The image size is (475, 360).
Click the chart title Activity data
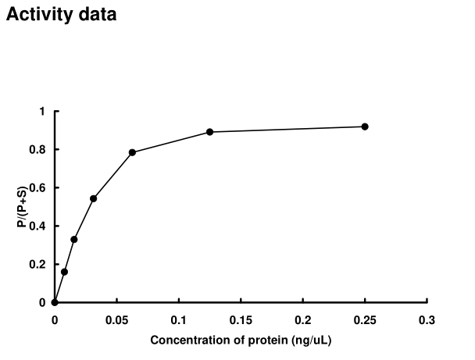point(62,14)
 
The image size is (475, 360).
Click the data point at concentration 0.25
point(365,127)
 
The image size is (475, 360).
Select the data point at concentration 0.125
point(209,132)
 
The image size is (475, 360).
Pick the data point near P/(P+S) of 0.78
point(132,152)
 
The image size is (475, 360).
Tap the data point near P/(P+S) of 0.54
point(93,198)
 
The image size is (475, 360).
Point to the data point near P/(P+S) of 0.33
point(73,239)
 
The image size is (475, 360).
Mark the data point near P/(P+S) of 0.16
point(64,272)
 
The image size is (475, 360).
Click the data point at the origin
point(55,302)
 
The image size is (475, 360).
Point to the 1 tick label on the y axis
point(42,112)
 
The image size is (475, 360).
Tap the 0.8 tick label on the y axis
point(38,150)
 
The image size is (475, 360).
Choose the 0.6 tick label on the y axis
point(38,188)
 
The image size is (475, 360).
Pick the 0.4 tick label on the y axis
point(38,226)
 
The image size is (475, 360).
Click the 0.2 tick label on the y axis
point(38,265)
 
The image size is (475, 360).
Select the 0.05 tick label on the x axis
point(116,320)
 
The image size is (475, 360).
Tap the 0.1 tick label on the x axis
point(178,320)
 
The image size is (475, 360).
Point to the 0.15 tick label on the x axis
point(241,320)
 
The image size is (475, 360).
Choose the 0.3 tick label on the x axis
point(427,320)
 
